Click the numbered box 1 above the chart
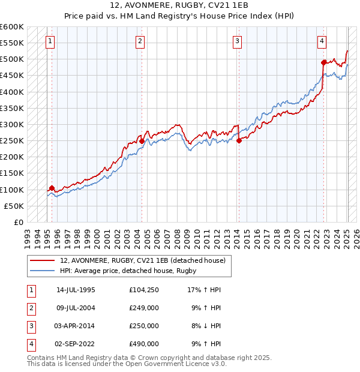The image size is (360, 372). [x=50, y=41]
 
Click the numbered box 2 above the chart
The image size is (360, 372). [x=140, y=41]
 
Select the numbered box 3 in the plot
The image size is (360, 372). [x=238, y=41]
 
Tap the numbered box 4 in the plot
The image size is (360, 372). [x=322, y=41]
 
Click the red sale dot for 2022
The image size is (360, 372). [x=323, y=62]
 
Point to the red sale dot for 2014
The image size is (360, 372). [x=239, y=141]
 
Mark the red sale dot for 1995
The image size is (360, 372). [x=52, y=188]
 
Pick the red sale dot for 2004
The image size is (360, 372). [x=142, y=141]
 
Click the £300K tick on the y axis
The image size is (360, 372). [x=12, y=124]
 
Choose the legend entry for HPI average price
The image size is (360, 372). [x=128, y=271]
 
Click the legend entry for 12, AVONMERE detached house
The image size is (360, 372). [x=142, y=261]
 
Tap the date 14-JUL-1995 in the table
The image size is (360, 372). [x=76, y=290]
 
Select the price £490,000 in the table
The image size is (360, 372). [x=144, y=344]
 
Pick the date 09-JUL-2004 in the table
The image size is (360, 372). [x=76, y=308]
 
